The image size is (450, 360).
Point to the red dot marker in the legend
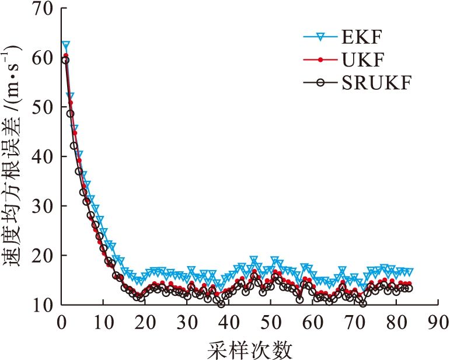pos(319,60)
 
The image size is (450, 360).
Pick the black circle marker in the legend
pos(319,82)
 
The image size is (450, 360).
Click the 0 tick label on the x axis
pos(61,322)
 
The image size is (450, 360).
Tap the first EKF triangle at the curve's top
pos(66,46)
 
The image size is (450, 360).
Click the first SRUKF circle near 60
pos(65,60)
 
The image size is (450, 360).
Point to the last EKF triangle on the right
pos(409,272)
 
